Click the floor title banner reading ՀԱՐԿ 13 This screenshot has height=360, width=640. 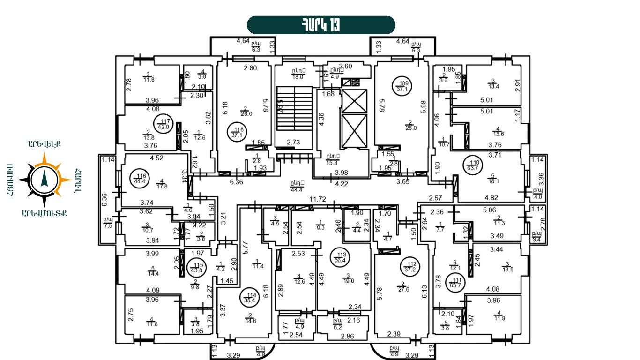[x=321, y=25]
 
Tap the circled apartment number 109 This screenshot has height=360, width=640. [x=402, y=86]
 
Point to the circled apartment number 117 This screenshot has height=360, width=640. [x=164, y=123]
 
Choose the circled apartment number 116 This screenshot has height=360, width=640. [x=139, y=178]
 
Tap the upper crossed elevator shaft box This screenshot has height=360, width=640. [x=354, y=101]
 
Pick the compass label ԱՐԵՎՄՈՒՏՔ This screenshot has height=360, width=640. [x=45, y=213]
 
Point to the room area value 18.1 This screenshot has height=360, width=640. [x=492, y=180]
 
